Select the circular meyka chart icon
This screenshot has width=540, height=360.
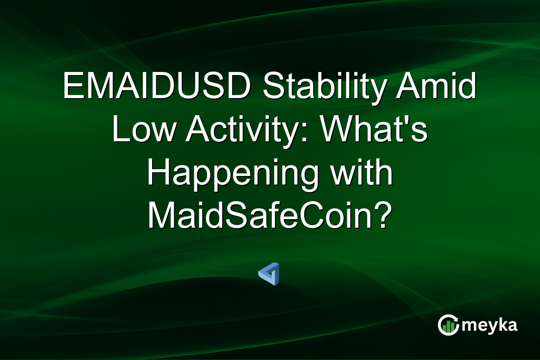[x=448, y=325]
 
